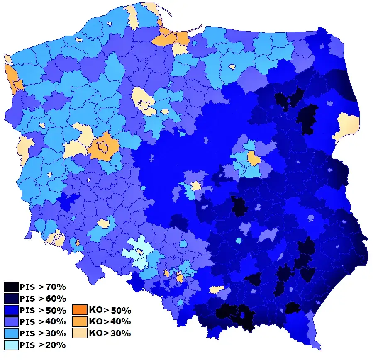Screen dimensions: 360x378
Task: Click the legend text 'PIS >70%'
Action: click(43, 287)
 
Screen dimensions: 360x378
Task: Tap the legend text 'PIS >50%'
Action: click(43, 310)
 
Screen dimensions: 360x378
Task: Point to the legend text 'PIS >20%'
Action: click(43, 345)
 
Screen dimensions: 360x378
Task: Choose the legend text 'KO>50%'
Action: click(110, 310)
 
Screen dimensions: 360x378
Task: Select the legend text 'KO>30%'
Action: click(110, 333)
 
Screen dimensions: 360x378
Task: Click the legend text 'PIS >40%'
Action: click(43, 322)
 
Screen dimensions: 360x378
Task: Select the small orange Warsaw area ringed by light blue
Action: click(253, 158)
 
